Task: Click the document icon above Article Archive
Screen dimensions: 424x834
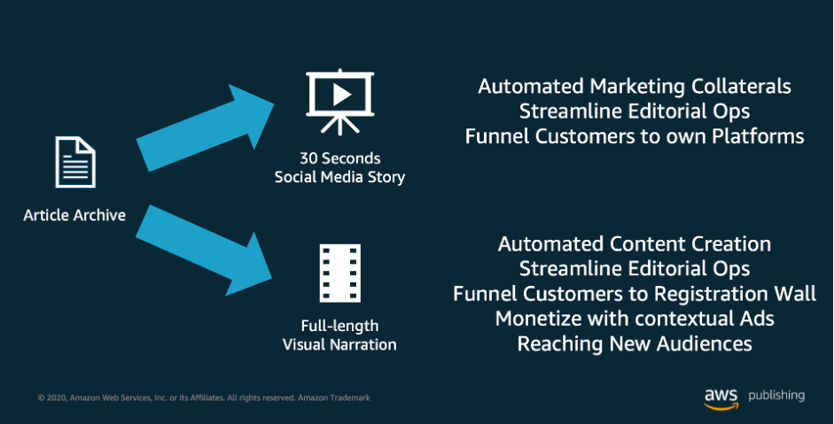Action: pyautogui.click(x=75, y=162)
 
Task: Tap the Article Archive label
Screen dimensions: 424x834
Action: pyautogui.click(x=74, y=214)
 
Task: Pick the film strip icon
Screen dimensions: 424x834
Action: pyautogui.click(x=339, y=274)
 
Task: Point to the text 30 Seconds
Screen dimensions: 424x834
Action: pyautogui.click(x=339, y=158)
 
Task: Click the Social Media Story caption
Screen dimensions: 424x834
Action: pyautogui.click(x=339, y=177)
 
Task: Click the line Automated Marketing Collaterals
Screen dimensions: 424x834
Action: pyautogui.click(x=635, y=87)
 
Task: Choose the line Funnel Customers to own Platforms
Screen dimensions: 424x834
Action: pyautogui.click(x=635, y=136)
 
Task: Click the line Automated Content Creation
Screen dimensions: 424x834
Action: pyautogui.click(x=635, y=243)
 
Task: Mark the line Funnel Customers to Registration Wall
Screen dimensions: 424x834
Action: pyautogui.click(x=635, y=293)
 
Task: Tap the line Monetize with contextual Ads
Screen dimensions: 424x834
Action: pyautogui.click(x=635, y=318)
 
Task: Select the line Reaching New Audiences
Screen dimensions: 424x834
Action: pyautogui.click(x=635, y=343)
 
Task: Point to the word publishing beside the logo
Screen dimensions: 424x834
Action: pyautogui.click(x=776, y=396)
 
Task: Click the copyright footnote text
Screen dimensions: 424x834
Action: pyautogui.click(x=204, y=398)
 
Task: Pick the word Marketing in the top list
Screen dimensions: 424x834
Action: pyautogui.click(x=631, y=87)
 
